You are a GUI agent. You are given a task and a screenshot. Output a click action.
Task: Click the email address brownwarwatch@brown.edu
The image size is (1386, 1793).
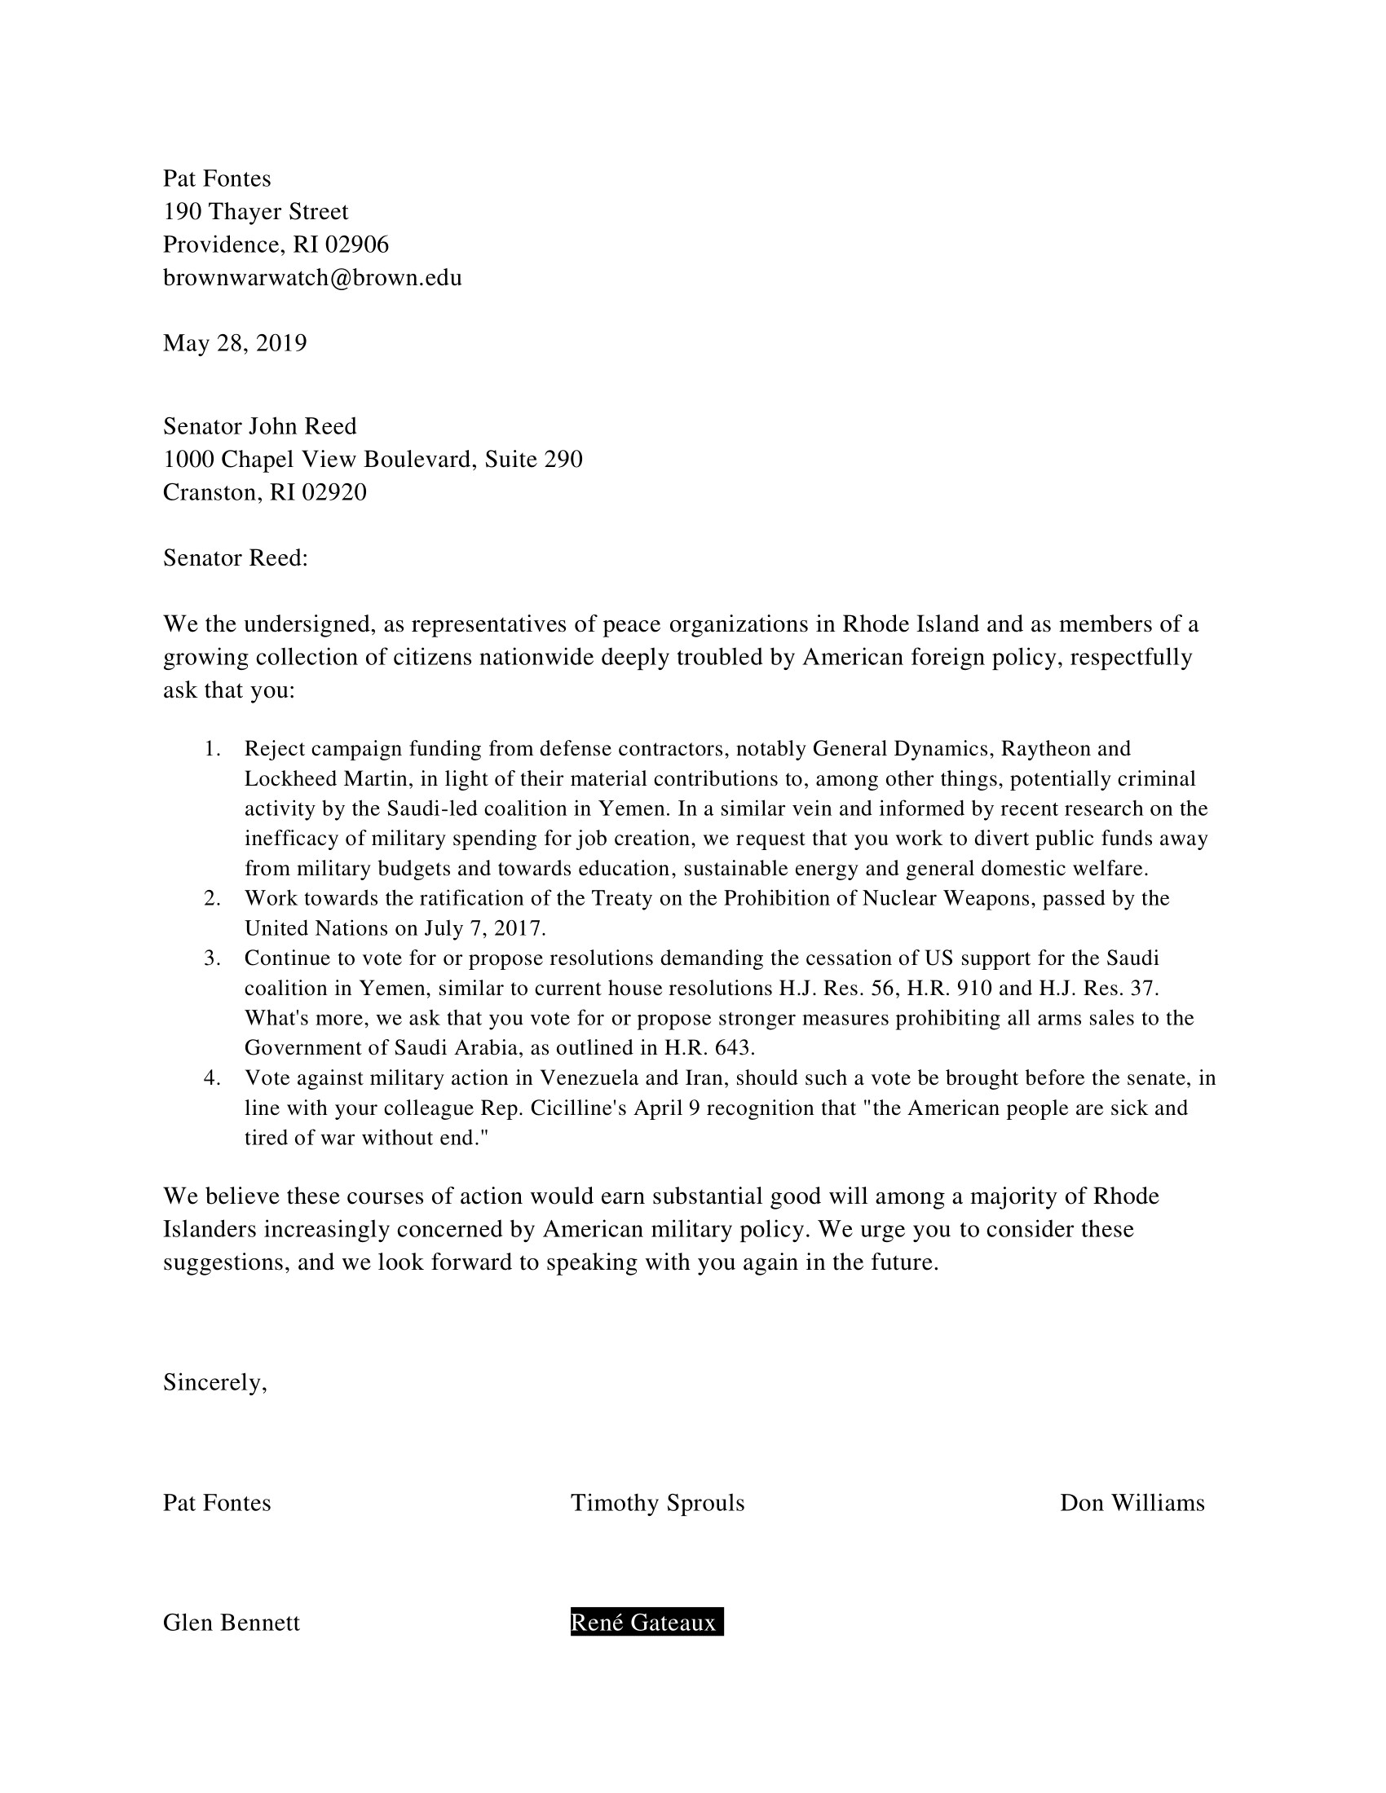pos(312,278)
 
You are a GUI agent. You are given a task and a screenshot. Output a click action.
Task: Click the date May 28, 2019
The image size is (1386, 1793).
pos(235,343)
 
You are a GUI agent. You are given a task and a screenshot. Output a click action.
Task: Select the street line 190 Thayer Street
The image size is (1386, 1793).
pos(255,212)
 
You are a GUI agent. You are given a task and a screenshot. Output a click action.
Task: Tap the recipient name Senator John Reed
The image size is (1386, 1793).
pos(259,426)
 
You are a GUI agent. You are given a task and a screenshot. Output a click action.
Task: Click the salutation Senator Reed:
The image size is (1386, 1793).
pos(235,558)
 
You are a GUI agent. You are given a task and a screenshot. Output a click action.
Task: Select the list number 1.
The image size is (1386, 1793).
pos(212,749)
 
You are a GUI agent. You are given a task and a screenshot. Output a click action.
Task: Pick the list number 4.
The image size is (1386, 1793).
pos(212,1078)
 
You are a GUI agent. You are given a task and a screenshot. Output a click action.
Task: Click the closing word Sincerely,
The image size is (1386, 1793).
pos(215,1382)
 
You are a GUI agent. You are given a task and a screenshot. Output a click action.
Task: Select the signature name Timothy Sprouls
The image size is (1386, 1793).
pos(657,1503)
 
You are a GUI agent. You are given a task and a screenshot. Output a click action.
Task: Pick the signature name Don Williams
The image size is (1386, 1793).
pos(1132,1503)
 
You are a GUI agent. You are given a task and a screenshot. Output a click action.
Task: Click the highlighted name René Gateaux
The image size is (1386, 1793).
pos(647,1622)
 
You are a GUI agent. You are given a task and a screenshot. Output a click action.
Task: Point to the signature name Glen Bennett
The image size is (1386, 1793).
pos(231,1623)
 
